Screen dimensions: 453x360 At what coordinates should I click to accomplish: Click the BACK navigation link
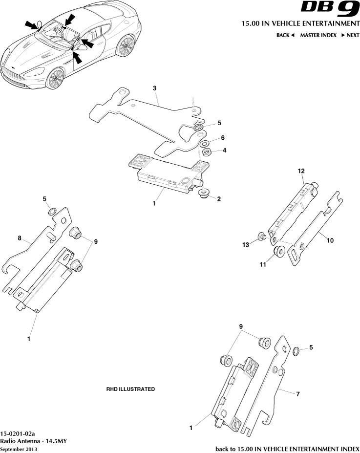click(x=285, y=35)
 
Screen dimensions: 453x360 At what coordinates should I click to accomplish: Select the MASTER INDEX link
click(x=318, y=35)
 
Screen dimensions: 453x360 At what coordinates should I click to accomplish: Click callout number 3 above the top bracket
click(x=154, y=88)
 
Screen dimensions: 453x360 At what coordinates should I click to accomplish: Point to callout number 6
click(x=222, y=138)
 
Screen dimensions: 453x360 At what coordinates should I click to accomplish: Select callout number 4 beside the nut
click(x=224, y=151)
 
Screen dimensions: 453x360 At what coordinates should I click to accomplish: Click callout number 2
click(x=219, y=199)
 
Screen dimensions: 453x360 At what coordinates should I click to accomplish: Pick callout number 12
click(x=301, y=171)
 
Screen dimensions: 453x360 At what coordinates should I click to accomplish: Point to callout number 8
click(x=20, y=238)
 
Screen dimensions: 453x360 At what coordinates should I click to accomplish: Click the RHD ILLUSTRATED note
click(x=130, y=389)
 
